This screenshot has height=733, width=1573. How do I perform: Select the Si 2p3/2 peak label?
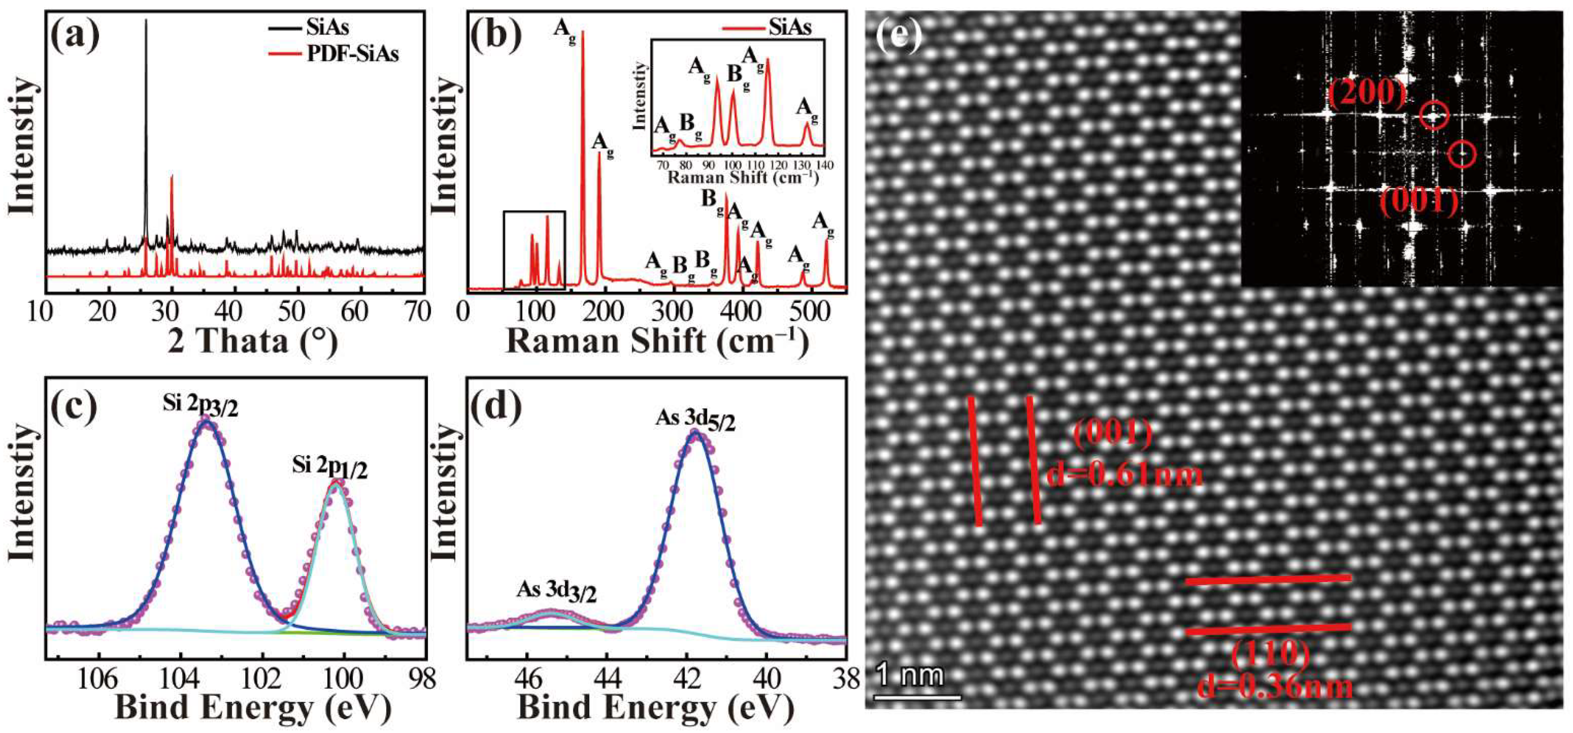point(200,404)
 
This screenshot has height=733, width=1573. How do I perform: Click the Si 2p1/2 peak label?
point(330,467)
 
